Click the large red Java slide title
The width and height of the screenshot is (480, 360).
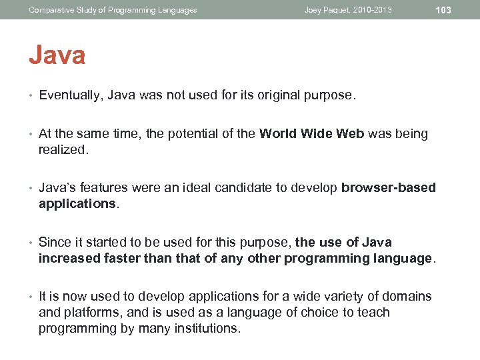click(x=57, y=55)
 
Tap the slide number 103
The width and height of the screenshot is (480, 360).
click(x=443, y=10)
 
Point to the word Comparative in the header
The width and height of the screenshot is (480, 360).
click(x=51, y=10)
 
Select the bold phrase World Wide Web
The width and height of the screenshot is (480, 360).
click(x=312, y=133)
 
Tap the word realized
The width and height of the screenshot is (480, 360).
click(x=63, y=150)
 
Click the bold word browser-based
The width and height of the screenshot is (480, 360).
click(x=389, y=188)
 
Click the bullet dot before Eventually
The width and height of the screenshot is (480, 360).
click(x=31, y=96)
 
